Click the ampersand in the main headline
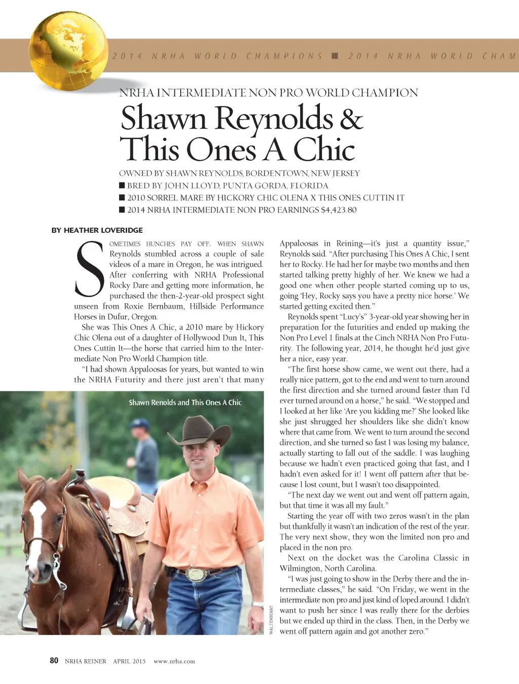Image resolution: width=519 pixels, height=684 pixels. [x=351, y=119]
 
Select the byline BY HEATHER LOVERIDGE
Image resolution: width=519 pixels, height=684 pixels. [x=97, y=230]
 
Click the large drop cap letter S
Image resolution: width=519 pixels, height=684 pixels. [x=91, y=269]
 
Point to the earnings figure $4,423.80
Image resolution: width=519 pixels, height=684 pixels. [x=339, y=210]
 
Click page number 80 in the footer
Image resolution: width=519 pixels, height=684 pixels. [x=54, y=660]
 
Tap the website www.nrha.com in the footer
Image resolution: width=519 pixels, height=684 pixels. [x=174, y=661]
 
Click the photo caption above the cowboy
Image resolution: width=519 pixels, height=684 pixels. [x=185, y=403]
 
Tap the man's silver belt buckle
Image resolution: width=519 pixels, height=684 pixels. [x=195, y=574]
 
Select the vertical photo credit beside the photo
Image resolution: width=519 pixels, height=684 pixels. [x=271, y=619]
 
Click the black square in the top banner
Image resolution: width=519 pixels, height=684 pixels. [x=335, y=56]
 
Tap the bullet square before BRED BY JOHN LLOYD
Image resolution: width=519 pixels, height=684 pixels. [x=122, y=186]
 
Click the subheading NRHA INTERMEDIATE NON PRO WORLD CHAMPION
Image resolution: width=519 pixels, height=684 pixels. [x=269, y=93]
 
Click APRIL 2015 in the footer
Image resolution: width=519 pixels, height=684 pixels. [x=129, y=661]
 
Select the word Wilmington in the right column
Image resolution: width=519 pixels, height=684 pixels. [x=300, y=568]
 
